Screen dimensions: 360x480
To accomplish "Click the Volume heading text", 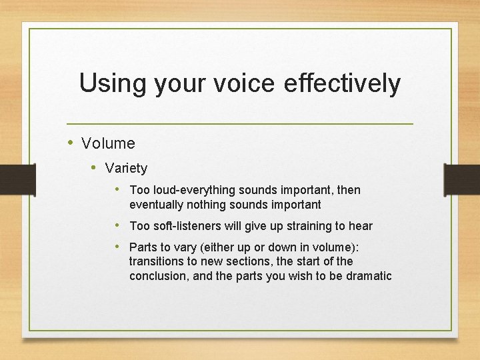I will pyautogui.click(x=108, y=143).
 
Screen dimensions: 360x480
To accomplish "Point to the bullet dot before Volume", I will pyautogui.click(x=72, y=143).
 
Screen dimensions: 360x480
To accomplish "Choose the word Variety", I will pyautogui.click(x=126, y=168).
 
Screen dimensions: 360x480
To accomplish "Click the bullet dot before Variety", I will pyautogui.click(x=95, y=167).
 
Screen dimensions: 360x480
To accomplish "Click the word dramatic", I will pyautogui.click(x=369, y=276).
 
